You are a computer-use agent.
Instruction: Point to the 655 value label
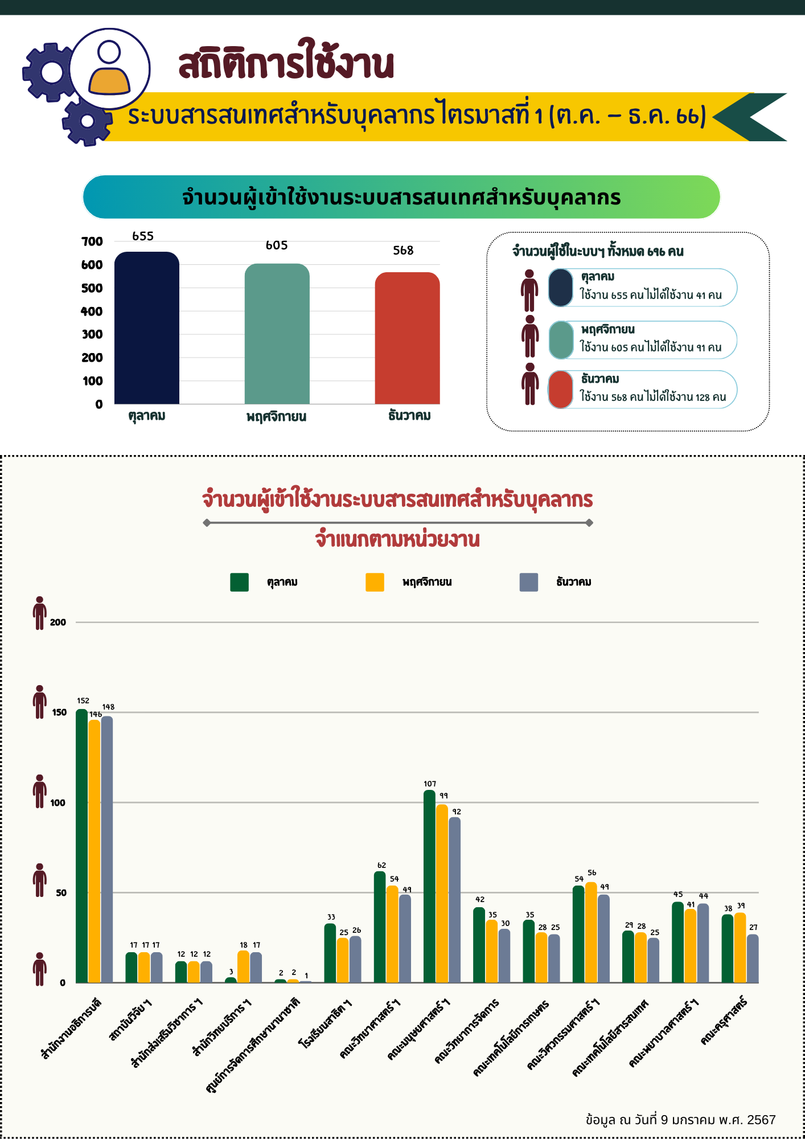143,236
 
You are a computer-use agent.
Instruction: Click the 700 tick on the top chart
92,241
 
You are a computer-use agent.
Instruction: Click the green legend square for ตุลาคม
239,582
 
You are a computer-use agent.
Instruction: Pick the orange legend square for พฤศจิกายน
375,582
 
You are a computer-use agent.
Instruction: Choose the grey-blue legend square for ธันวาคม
529,582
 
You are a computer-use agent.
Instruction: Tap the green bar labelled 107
429,886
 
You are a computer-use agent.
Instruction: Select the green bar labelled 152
81,846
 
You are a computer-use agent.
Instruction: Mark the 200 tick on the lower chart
58,622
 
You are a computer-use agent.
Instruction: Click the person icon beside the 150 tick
40,702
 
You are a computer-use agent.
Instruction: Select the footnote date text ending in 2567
680,1120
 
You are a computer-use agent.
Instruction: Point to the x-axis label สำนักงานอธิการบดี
72,1029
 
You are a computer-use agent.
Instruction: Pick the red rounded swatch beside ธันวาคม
561,390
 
